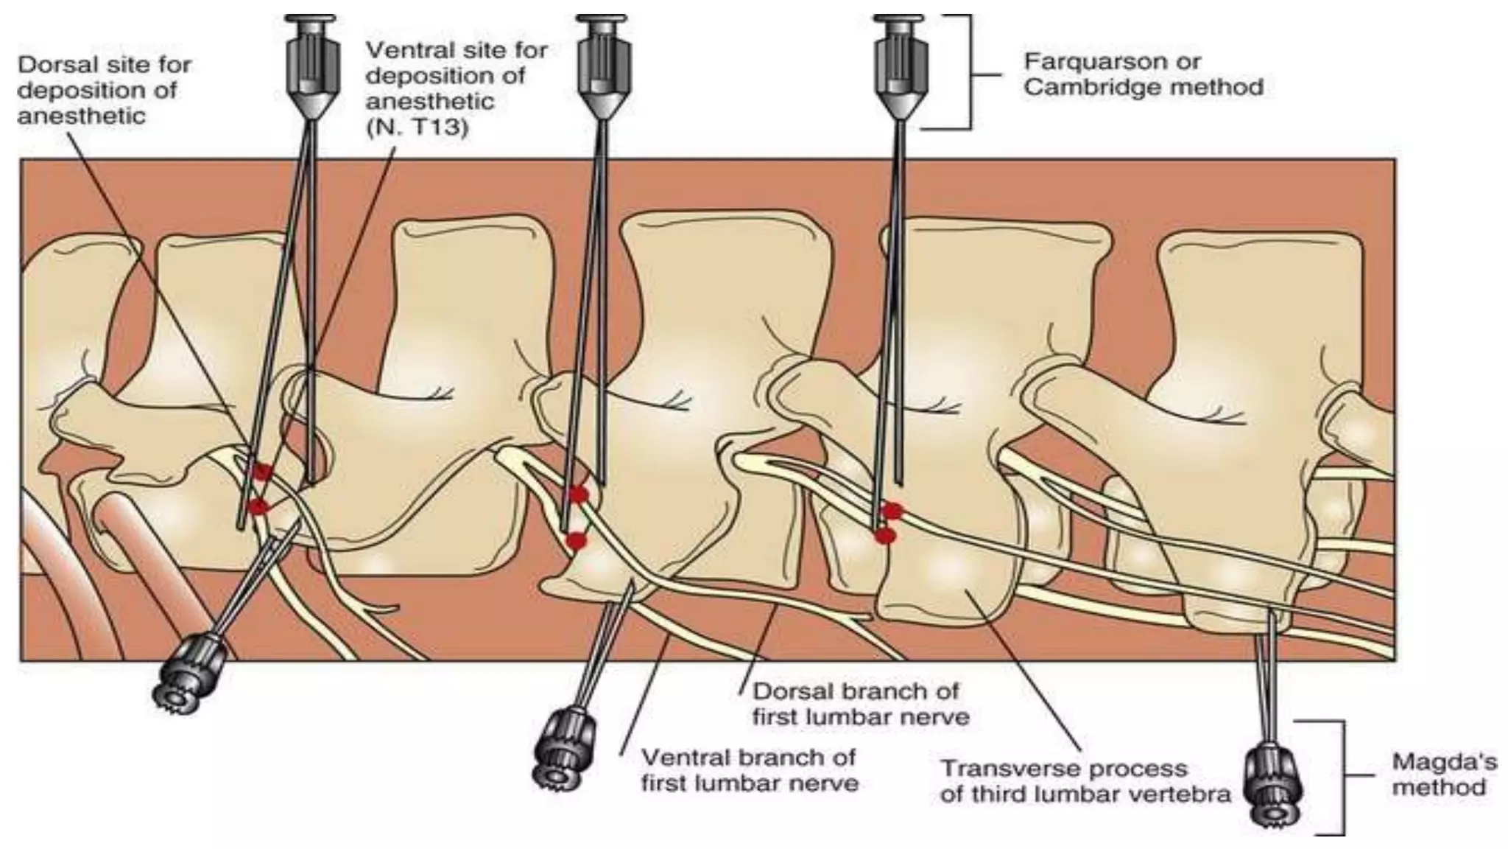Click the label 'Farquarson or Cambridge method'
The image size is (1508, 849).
[1143, 74]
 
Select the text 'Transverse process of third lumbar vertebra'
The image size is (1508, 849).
[1085, 781]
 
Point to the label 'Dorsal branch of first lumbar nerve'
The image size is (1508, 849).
[859, 704]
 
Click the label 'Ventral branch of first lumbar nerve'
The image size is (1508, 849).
[749, 770]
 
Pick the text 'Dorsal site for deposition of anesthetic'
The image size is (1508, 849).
[104, 90]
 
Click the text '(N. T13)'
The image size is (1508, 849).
[417, 127]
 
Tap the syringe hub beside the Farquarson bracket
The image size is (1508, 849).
[899, 66]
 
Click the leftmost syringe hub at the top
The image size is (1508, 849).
[312, 66]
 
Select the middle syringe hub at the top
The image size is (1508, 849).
[603, 66]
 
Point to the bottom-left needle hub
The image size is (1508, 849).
[185, 674]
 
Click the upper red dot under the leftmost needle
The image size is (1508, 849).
[261, 472]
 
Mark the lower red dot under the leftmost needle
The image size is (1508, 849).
[258, 506]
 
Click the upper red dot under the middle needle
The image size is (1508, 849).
[579, 494]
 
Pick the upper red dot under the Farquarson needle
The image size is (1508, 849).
[892, 510]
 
